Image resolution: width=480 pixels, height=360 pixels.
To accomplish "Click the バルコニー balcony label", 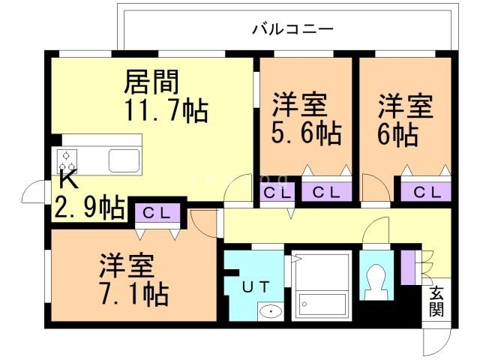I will (292, 30).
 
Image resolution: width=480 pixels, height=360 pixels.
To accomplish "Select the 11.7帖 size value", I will (166, 110).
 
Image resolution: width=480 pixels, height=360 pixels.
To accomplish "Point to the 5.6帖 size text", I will (305, 133).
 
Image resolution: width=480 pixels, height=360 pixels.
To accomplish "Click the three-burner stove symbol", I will (67, 160).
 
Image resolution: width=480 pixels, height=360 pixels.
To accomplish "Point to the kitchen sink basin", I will (121, 160).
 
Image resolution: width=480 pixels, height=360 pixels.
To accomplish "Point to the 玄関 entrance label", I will (436, 301).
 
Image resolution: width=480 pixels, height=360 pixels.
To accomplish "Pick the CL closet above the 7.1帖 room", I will (158, 212).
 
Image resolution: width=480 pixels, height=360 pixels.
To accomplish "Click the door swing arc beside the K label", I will (34, 193).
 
